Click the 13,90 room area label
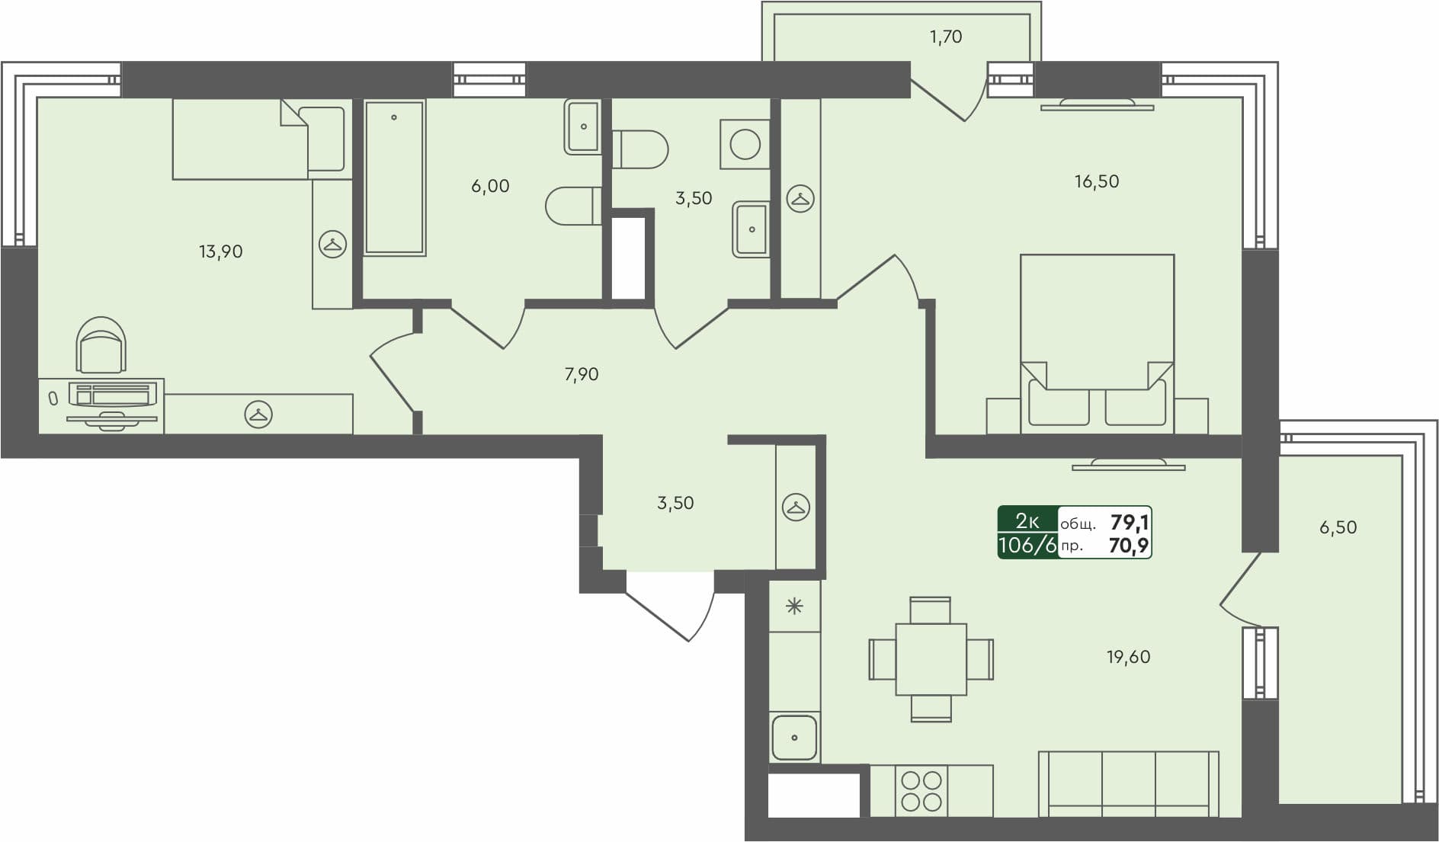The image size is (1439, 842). point(220,251)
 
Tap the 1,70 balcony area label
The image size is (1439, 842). point(945,37)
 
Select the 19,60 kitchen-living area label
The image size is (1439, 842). point(1128,657)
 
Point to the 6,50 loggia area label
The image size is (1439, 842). point(1338,527)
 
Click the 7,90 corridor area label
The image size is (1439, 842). point(581,374)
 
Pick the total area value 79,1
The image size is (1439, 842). point(1130,522)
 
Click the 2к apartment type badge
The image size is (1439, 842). point(1027,521)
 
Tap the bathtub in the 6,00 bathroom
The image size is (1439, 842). point(394,177)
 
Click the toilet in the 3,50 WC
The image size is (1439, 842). point(640,149)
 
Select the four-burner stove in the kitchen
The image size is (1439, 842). point(921,791)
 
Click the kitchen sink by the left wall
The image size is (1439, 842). point(794,737)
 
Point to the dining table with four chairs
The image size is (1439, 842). point(931,659)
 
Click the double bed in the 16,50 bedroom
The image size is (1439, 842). point(1097,343)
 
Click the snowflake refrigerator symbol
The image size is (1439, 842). point(794,607)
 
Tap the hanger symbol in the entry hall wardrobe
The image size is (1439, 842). point(796,507)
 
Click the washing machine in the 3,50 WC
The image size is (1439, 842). point(745,144)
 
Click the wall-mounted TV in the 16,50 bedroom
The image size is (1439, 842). point(1097,104)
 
